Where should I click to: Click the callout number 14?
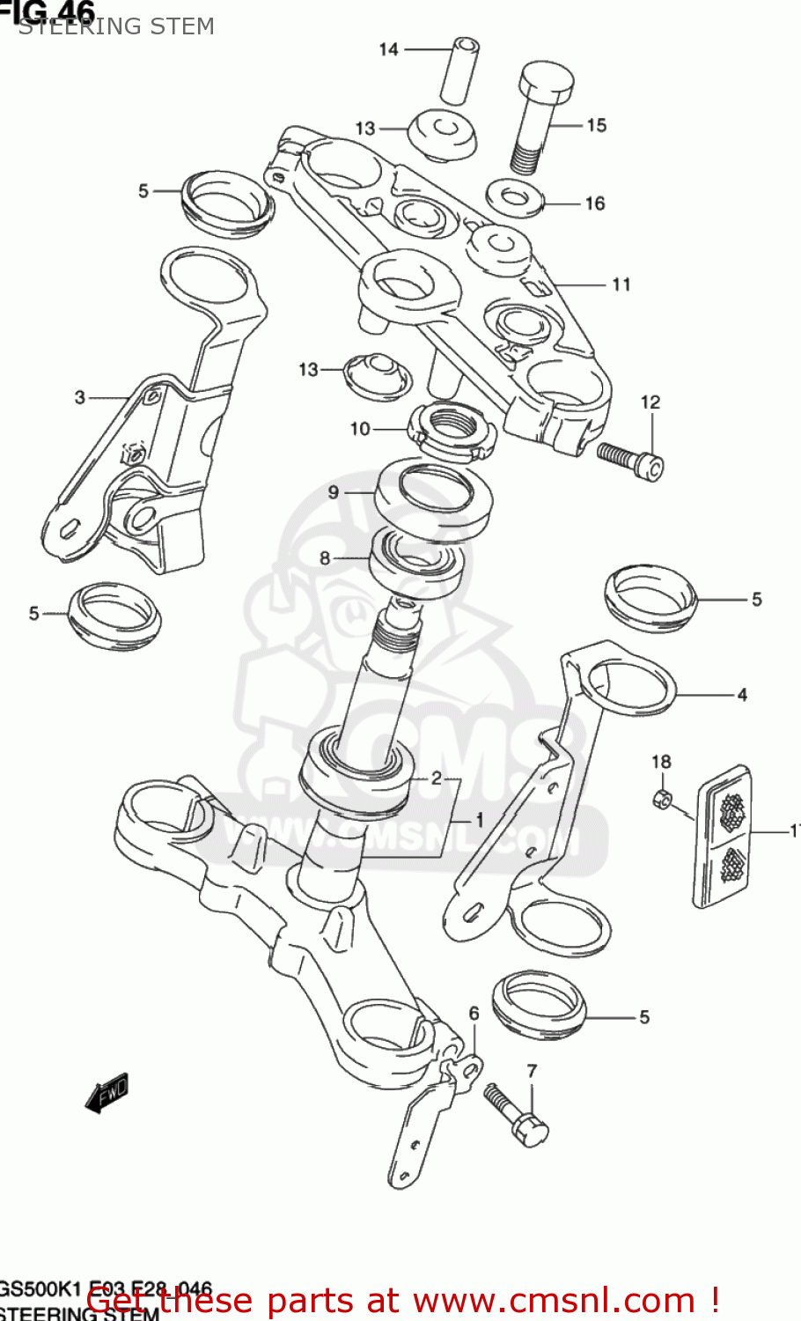click(x=388, y=49)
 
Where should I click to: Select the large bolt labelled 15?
click(x=541, y=114)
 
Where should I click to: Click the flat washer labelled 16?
click(x=515, y=197)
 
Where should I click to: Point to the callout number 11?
click(x=621, y=284)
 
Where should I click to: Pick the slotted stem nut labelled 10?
click(x=450, y=430)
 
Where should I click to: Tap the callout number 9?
click(x=333, y=491)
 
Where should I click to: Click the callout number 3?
click(x=80, y=397)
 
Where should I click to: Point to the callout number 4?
click(x=742, y=695)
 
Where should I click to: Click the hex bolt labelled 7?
click(x=517, y=1113)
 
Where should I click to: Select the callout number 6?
click(x=474, y=1014)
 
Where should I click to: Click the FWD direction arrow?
click(x=107, y=1092)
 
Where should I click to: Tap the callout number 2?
click(x=436, y=778)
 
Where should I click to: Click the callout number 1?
click(x=480, y=820)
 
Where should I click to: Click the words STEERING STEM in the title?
click(x=116, y=26)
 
